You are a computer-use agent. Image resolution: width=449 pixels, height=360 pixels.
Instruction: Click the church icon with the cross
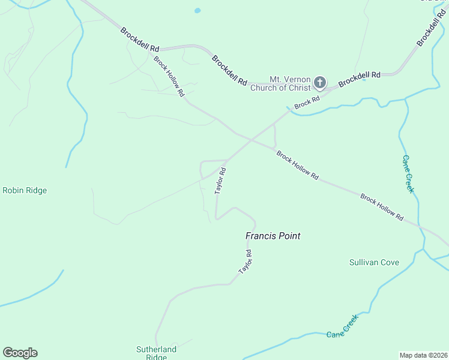pos(320,83)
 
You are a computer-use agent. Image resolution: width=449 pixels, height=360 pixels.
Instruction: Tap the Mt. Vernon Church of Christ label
pos(290,83)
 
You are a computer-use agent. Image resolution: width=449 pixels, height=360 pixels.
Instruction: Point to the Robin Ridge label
pos(25,191)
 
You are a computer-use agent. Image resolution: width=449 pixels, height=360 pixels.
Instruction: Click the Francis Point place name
pos(273,236)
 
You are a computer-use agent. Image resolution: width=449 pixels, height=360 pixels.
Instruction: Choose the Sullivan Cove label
pos(374,263)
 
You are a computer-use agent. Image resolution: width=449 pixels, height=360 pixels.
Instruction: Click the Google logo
pos(20,353)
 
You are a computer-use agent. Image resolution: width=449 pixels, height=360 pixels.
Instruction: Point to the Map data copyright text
pos(423,355)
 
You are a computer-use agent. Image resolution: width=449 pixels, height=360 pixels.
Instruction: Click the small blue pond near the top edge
pos(197,10)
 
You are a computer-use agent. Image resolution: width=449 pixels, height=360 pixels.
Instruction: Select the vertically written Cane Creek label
pos(408,174)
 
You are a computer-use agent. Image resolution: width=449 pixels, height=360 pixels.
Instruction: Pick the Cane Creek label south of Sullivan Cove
pos(342,326)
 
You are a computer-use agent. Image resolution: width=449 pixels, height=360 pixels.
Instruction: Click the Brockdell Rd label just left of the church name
pos(229,70)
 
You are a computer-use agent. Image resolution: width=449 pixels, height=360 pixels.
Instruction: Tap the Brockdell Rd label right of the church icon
pos(360,79)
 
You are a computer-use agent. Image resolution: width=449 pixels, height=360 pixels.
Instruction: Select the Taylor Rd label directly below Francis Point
pos(245,262)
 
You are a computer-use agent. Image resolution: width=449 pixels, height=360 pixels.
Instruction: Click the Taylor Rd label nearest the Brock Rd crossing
pos(220,180)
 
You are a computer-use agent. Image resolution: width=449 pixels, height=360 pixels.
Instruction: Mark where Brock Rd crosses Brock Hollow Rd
pos(250,140)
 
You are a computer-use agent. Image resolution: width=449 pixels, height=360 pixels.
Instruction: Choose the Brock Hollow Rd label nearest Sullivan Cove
pos(382,207)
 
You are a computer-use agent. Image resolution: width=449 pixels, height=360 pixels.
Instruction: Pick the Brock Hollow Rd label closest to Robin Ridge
pos(169,76)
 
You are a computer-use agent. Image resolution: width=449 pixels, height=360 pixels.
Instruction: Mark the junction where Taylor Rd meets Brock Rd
pos(227,160)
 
